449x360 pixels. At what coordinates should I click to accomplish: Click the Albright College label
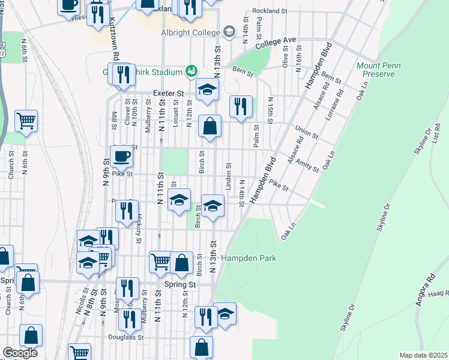pyautogui.click(x=190, y=32)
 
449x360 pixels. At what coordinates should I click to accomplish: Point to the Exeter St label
pyautogui.click(x=168, y=94)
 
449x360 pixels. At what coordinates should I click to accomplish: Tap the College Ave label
pyautogui.click(x=276, y=43)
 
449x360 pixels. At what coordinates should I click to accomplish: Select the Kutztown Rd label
pyautogui.click(x=112, y=37)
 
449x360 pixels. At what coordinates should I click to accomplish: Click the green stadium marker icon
pyautogui.click(x=191, y=72)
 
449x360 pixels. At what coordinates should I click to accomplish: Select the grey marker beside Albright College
pyautogui.click(x=229, y=31)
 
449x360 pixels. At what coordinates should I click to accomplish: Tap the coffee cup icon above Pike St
pyautogui.click(x=121, y=156)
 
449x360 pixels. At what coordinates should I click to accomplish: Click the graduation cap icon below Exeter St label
pyautogui.click(x=207, y=91)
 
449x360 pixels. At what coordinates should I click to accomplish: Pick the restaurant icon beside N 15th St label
pyautogui.click(x=241, y=107)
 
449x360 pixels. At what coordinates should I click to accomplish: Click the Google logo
pyautogui.click(x=20, y=353)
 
